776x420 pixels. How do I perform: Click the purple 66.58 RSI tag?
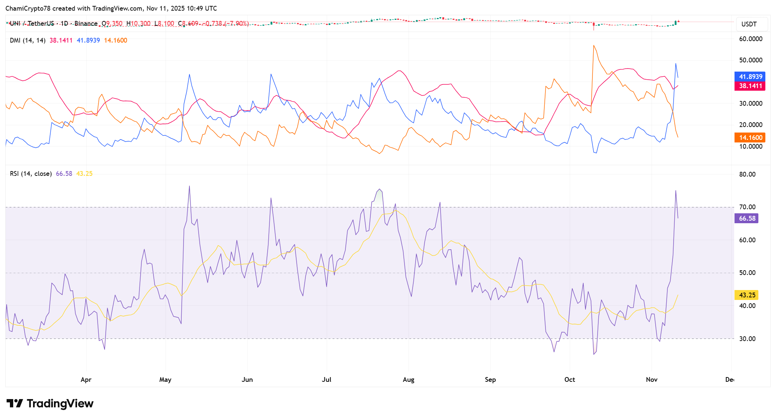[747, 218]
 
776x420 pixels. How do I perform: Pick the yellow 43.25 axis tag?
[747, 295]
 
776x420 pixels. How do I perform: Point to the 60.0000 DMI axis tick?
[750, 39]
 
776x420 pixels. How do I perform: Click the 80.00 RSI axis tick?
[747, 174]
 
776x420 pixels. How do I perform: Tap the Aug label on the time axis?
[408, 380]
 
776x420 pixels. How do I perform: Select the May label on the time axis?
[165, 380]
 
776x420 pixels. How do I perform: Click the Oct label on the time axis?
[569, 380]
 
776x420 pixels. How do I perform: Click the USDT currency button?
[749, 24]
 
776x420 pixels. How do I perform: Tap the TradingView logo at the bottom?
[50, 403]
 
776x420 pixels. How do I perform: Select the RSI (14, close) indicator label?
[31, 174]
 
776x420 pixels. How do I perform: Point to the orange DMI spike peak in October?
[593, 46]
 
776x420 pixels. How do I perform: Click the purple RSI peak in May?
[189, 186]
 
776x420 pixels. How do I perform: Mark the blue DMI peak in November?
[675, 64]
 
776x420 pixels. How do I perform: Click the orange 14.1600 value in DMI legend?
[116, 40]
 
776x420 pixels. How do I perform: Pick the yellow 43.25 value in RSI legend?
[84, 174]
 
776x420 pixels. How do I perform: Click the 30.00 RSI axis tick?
[747, 339]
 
